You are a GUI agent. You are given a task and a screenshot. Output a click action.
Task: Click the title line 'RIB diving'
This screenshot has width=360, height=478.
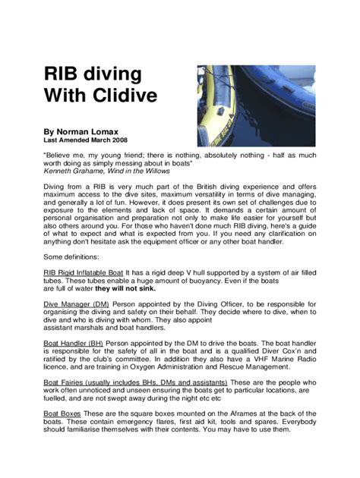tap(93, 75)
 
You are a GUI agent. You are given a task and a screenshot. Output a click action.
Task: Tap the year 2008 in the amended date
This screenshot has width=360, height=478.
tap(117, 140)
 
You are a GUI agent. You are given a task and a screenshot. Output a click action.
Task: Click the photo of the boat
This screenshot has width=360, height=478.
tap(256, 106)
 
